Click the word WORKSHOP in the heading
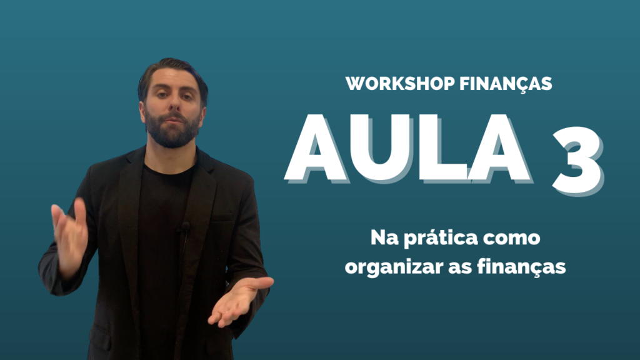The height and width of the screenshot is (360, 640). (400, 83)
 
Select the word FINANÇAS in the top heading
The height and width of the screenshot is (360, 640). (506, 84)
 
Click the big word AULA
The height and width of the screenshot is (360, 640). (408, 149)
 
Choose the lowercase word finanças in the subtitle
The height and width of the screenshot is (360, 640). (521, 267)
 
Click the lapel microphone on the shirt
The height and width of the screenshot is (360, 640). (185, 227)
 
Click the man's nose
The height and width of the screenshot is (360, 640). (174, 104)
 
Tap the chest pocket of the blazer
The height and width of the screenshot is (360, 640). (222, 217)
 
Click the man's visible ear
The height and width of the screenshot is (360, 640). (142, 112)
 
